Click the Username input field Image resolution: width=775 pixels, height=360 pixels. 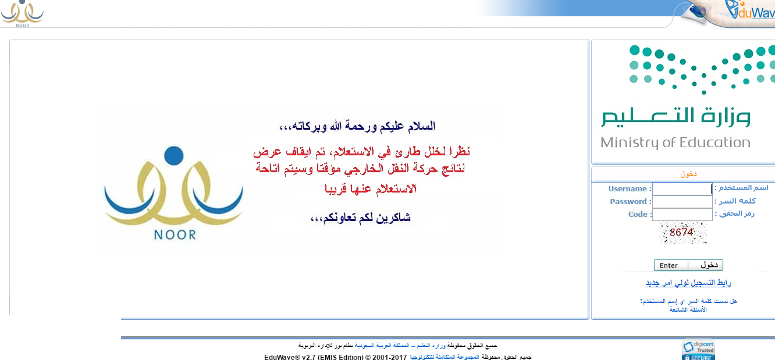[x=682, y=189]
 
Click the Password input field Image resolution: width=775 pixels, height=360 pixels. [x=682, y=202]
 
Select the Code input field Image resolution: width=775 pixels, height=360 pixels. [x=682, y=215]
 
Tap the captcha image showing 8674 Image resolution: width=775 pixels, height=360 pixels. [x=682, y=233]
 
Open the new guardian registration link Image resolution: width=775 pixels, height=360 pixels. [x=688, y=283]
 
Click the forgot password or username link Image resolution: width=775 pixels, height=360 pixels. [x=688, y=301]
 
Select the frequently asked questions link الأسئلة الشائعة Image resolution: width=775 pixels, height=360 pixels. [x=688, y=309]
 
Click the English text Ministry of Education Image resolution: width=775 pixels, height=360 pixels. [x=676, y=142]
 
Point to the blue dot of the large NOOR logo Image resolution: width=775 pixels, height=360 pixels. [x=174, y=156]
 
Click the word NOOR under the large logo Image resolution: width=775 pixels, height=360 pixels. [x=175, y=235]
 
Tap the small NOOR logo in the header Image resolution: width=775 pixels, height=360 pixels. [x=22, y=14]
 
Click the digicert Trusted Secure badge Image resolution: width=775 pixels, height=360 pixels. [x=699, y=350]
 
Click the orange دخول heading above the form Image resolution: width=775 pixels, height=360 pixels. [x=688, y=174]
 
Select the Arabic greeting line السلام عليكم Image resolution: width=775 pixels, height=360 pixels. [x=357, y=126]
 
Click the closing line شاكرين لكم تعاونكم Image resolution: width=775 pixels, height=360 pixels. [x=361, y=218]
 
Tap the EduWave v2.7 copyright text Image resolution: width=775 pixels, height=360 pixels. [x=335, y=357]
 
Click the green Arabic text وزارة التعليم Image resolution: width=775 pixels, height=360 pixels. [x=676, y=116]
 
